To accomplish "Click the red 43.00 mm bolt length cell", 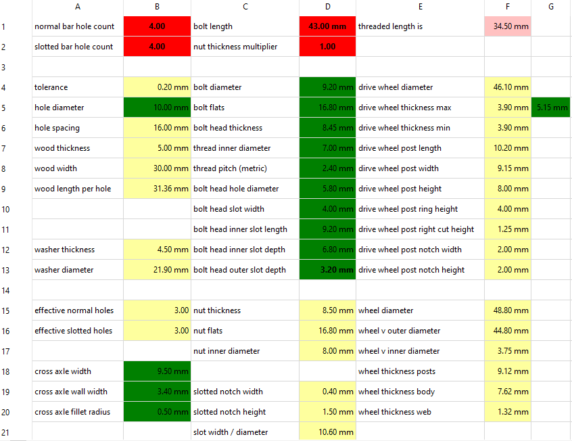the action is (x=327, y=26).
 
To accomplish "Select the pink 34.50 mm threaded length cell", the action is (x=508, y=26).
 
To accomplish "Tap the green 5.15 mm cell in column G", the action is (x=550, y=108).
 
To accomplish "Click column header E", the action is (x=421, y=7).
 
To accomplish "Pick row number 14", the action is (x=5, y=291).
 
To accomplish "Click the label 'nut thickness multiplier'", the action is (x=235, y=47).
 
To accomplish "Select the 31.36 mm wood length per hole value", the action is (x=171, y=189).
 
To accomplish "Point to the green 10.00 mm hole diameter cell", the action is (x=157, y=108).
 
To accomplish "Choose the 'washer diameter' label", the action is (x=64, y=270).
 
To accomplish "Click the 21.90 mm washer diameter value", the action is (x=171, y=270).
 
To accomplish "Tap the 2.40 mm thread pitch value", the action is (x=338, y=168).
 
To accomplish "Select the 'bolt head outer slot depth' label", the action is (x=239, y=270).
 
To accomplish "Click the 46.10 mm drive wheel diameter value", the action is (x=510, y=87).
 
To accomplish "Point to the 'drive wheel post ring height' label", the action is (x=408, y=209).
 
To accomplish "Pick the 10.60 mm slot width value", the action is (x=336, y=432).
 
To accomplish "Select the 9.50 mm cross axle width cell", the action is (x=157, y=371).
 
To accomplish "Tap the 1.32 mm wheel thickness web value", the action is (x=513, y=412).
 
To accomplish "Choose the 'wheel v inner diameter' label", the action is (x=399, y=351).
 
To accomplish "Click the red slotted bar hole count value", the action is (x=157, y=47).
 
